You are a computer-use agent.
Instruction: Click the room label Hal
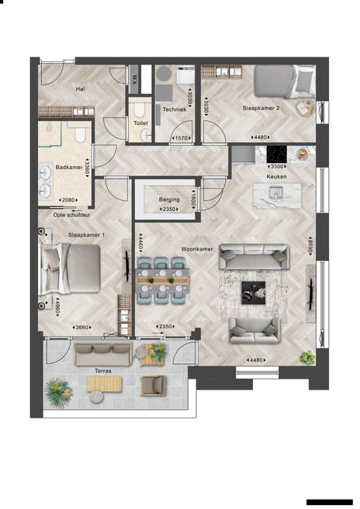[x=80, y=88]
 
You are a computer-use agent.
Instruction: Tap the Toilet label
[x=140, y=123]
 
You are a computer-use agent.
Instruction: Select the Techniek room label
[x=175, y=109]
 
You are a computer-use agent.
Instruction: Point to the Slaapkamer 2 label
[x=261, y=109]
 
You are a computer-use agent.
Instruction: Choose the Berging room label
[x=169, y=199]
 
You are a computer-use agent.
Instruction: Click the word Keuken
[x=277, y=176]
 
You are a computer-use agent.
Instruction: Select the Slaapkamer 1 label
[x=86, y=234]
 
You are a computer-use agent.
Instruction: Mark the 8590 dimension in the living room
[x=308, y=252]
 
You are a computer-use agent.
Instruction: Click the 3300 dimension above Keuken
[x=276, y=167]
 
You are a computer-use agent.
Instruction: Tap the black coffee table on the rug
[x=253, y=291]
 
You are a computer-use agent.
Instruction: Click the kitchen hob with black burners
[x=278, y=153]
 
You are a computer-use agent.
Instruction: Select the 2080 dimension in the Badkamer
[x=67, y=200]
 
